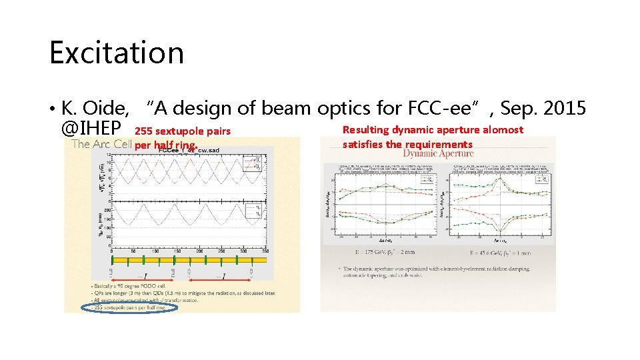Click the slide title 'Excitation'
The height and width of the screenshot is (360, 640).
click(116, 53)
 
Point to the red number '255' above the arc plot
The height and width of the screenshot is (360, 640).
click(143, 131)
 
